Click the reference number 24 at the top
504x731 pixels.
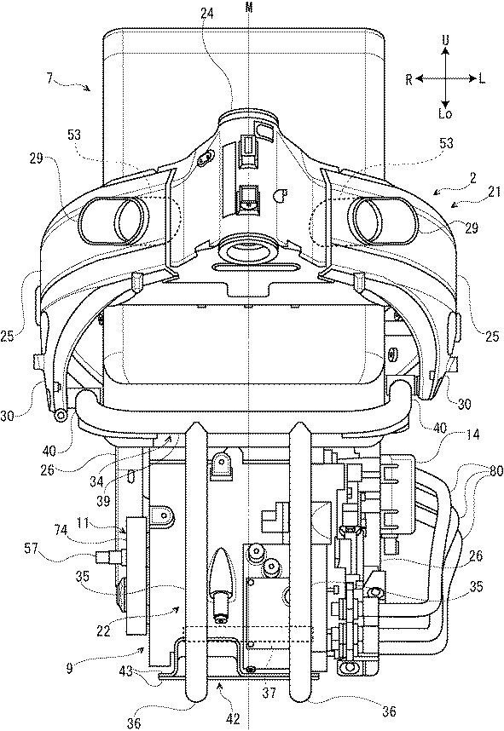(207, 14)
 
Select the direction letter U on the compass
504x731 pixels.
(446, 41)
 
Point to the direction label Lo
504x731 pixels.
(446, 114)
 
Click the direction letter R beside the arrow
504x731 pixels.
(408, 80)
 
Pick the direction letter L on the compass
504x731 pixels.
(482, 79)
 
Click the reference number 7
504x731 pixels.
(50, 78)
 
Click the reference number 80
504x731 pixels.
(497, 471)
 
